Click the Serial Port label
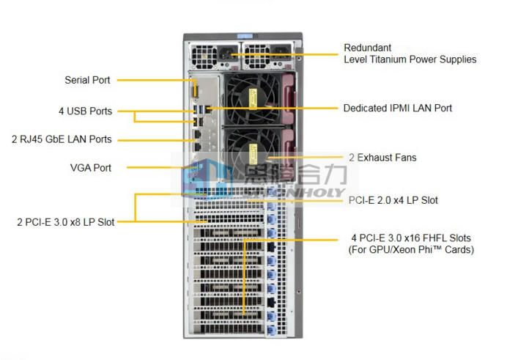point(88,80)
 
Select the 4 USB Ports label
point(86,111)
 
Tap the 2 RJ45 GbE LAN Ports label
point(62,139)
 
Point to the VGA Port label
point(91,168)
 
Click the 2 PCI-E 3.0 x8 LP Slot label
point(66,221)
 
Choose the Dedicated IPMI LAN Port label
point(398,108)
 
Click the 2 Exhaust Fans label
point(382,157)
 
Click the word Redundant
point(368,48)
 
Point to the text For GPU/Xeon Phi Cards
point(411,250)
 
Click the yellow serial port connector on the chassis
point(196,89)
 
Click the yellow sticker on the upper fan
point(253,97)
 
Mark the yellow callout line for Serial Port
point(154,80)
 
